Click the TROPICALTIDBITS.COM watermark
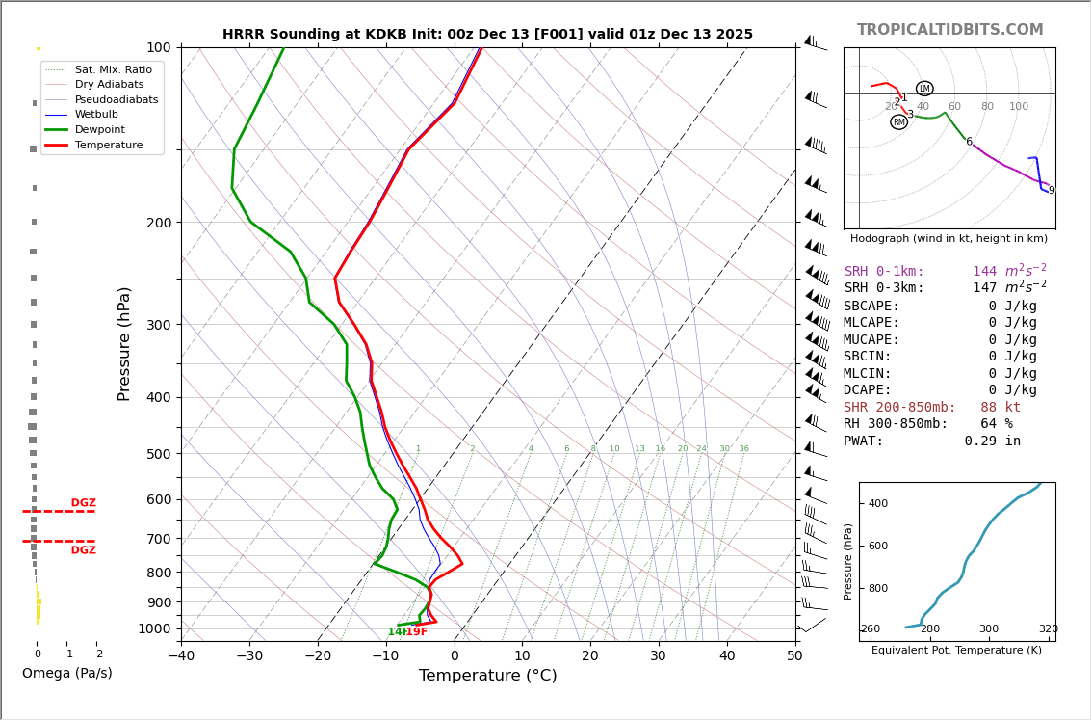point(949,30)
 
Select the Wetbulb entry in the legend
point(95,114)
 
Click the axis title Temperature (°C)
point(487,676)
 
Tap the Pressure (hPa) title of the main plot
point(124,343)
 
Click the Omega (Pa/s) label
point(66,673)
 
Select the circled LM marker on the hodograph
point(924,89)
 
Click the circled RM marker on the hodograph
point(898,122)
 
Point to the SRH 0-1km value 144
point(984,272)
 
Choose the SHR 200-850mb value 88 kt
point(1000,408)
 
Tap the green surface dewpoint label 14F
point(396,632)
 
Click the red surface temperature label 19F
point(416,632)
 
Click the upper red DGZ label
point(83,503)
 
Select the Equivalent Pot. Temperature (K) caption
point(956,650)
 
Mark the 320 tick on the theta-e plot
point(1048,629)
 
